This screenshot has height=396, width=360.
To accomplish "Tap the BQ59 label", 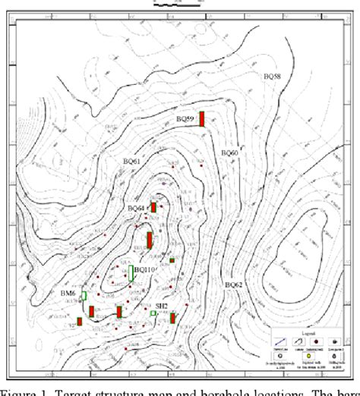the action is [185, 120].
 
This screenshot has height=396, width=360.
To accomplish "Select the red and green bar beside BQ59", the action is [203, 119].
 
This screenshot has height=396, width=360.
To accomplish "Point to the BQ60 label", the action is [229, 152].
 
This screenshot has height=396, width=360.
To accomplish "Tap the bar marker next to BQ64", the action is [153, 207].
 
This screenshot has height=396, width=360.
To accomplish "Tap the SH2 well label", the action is [161, 305].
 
